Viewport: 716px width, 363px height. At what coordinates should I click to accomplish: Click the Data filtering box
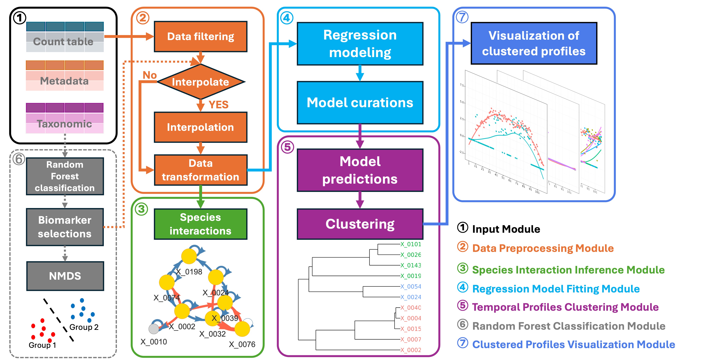coord(200,37)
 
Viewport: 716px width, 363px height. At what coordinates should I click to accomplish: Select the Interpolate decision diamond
coord(200,82)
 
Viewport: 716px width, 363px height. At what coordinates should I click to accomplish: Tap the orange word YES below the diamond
coord(218,105)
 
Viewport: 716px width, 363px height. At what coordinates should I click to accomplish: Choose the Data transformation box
coord(200,170)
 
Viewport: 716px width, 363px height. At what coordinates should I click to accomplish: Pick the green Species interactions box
coord(200,224)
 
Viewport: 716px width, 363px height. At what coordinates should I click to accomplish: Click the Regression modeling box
coord(360,44)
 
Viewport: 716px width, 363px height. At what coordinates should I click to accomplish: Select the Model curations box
coord(360,102)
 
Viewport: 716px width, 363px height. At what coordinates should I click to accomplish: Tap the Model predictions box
coord(360,170)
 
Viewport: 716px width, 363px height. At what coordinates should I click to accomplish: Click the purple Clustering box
coord(360,224)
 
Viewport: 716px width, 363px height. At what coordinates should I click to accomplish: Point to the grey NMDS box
coord(65,276)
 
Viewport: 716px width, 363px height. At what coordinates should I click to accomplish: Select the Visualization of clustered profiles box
coord(534,43)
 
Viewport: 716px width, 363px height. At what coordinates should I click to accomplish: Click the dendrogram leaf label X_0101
coord(410,244)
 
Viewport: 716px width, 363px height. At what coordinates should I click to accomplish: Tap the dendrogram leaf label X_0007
coord(410,339)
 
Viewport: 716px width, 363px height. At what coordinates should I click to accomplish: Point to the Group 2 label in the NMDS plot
coord(84,327)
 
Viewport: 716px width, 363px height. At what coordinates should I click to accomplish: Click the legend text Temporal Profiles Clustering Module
coord(565,307)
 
